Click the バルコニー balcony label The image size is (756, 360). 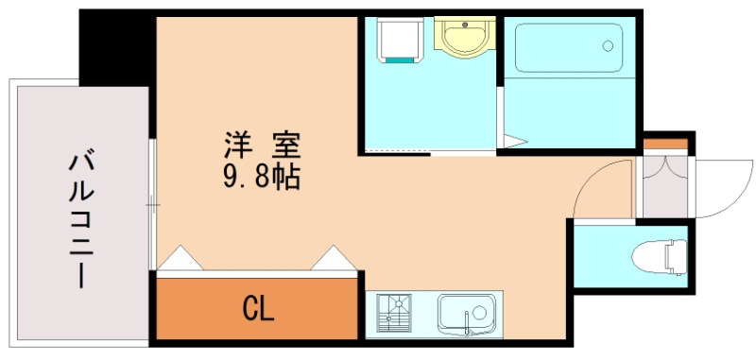click(79, 218)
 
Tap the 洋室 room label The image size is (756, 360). click(261, 146)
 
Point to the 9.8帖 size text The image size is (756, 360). click(262, 176)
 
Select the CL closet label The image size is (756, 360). click(258, 308)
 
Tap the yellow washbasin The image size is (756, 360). click(462, 38)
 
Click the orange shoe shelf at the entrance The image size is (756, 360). click(666, 144)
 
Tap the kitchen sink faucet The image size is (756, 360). click(468, 329)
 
